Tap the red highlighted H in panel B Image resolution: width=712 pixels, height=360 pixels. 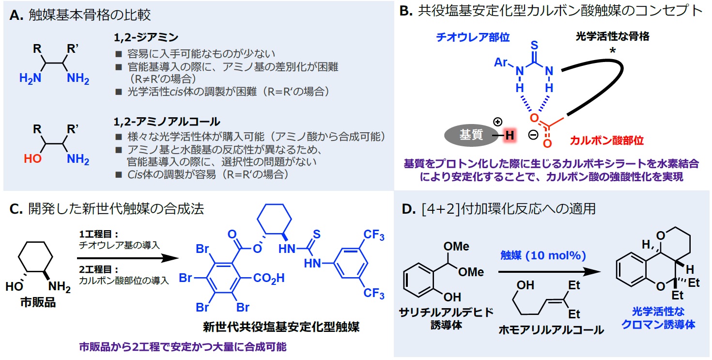click(x=509, y=136)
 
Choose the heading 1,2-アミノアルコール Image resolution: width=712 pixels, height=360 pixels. click(x=153, y=122)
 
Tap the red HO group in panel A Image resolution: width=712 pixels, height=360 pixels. click(x=37, y=158)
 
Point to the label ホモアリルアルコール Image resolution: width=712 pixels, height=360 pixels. click(x=551, y=330)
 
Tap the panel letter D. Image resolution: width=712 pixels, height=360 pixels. click(x=407, y=209)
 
